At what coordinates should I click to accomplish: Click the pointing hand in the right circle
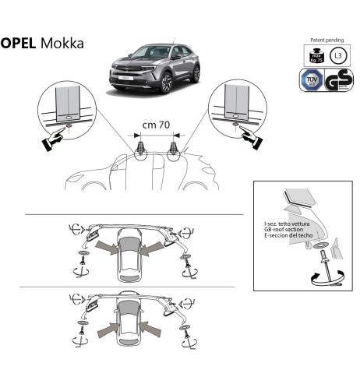[x=252, y=136]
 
